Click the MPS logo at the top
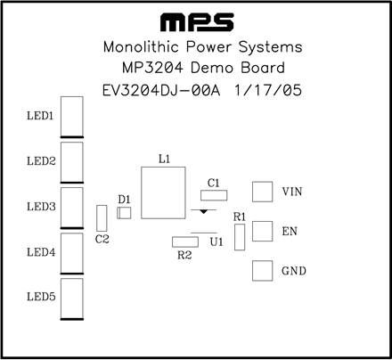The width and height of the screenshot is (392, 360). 197,22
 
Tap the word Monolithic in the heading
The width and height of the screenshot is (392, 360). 141,47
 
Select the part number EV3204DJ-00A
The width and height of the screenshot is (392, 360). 161,90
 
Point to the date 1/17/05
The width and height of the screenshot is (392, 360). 268,90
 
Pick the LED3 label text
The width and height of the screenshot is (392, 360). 41,207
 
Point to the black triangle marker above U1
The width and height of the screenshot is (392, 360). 203,211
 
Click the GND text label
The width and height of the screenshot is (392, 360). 294,271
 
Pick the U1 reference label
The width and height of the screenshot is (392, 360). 216,242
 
